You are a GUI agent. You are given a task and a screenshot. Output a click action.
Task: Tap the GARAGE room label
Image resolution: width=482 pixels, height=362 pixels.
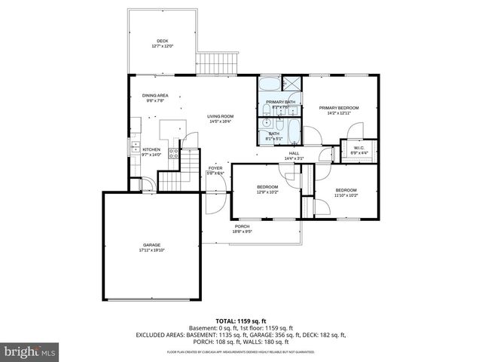[x=152, y=247]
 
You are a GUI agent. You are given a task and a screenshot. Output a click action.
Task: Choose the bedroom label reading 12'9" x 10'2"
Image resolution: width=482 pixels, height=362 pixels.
[x=267, y=189]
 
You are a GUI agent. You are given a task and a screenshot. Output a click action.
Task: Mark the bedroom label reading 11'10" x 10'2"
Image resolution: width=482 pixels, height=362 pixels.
[x=346, y=192]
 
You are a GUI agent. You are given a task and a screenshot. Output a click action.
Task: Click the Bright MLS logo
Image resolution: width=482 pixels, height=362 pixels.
[x=30, y=351]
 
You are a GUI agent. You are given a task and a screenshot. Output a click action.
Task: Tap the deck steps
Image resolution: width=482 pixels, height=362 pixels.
[x=218, y=63]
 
